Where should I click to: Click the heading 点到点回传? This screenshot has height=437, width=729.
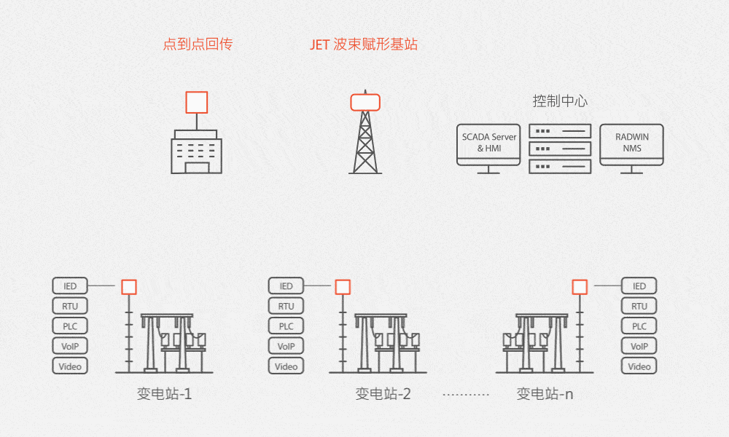[198, 44]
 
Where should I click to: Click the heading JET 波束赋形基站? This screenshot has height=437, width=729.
[364, 44]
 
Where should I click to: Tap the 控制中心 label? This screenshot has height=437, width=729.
[560, 101]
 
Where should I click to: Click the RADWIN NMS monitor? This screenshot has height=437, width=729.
[631, 143]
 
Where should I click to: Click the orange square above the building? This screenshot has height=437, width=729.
[197, 102]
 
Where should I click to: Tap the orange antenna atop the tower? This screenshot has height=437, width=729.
[365, 101]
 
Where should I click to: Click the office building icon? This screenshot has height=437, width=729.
[197, 151]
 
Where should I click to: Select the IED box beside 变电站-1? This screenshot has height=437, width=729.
[71, 286]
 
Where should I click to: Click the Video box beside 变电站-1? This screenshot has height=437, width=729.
[71, 366]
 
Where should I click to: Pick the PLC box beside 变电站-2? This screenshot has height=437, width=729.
[286, 326]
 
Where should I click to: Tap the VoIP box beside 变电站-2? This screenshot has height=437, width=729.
[286, 347]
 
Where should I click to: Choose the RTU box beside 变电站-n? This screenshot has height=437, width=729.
[639, 307]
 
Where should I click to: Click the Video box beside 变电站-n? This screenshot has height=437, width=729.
[639, 366]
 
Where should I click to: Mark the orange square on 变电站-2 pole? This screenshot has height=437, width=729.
[343, 287]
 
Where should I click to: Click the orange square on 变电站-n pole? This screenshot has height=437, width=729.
[580, 287]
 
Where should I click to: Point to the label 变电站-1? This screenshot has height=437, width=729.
[164, 395]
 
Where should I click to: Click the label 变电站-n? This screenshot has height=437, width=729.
[545, 395]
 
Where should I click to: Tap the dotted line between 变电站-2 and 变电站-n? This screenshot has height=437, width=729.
[466, 395]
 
